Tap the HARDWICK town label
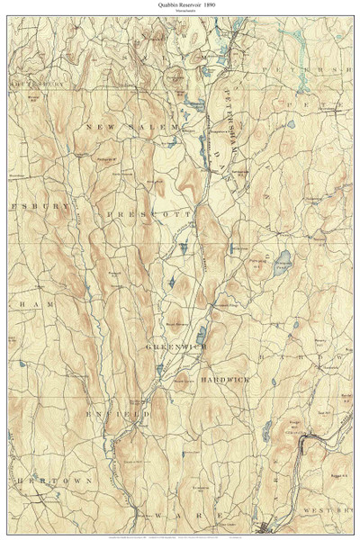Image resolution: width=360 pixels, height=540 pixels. (225, 381)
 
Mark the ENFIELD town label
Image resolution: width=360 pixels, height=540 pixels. (118, 415)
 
